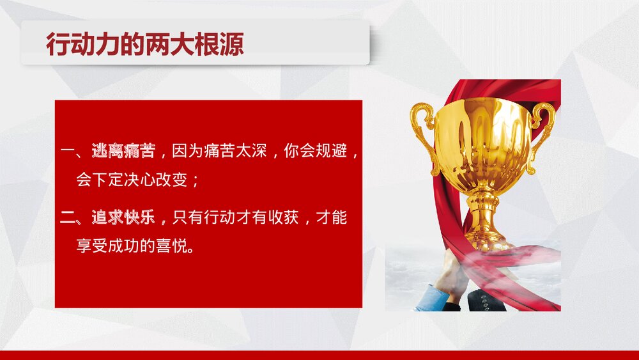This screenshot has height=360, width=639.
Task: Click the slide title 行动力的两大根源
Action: coord(145,44)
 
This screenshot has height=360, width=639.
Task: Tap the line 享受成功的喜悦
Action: coord(132,246)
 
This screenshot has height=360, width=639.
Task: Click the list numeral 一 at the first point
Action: coord(68,152)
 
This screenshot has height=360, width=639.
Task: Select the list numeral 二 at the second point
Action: coord(68,218)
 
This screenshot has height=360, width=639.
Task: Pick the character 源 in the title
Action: coord(232,44)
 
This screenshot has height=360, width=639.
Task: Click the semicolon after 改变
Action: coord(196,182)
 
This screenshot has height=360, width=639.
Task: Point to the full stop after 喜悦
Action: coord(192,249)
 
